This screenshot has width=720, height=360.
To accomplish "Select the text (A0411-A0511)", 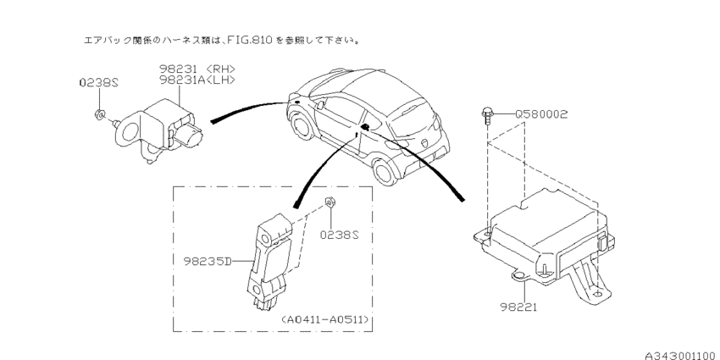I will click(326, 319).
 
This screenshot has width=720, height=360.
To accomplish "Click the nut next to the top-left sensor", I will click(101, 114).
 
